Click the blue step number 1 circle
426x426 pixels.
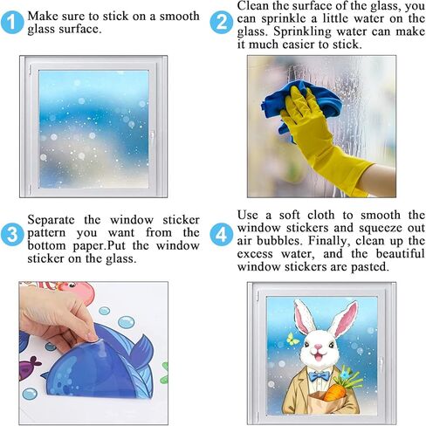(12, 23)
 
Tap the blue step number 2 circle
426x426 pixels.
(222, 23)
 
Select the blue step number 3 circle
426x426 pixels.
(12, 234)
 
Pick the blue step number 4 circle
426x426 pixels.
(222, 234)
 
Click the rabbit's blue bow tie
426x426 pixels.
(319, 376)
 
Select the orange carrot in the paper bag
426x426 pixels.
(334, 391)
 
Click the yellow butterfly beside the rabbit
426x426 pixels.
(293, 339)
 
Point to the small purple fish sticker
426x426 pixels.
(29, 368)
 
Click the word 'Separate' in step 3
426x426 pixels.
(51, 220)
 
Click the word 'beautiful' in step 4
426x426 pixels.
(401, 253)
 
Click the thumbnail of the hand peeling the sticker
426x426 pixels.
(93, 354)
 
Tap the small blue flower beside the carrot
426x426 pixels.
(346, 374)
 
